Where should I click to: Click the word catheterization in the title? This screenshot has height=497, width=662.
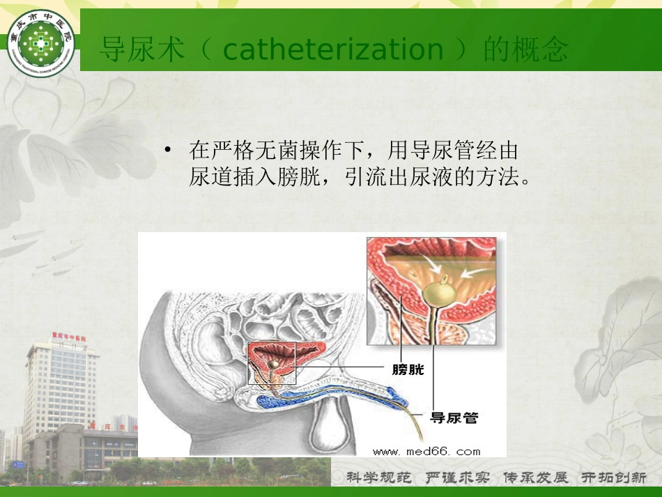(333, 50)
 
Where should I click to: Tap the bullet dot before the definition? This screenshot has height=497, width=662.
(167, 150)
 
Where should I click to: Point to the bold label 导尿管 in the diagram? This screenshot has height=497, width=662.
(454, 418)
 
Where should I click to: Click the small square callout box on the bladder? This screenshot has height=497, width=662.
(272, 362)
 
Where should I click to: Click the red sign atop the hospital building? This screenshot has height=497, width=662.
(68, 337)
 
